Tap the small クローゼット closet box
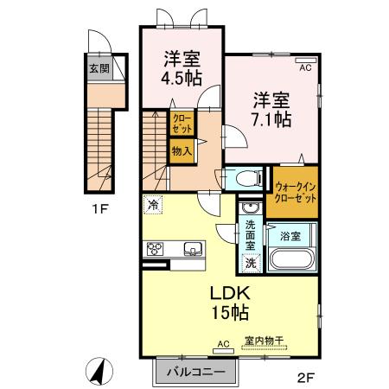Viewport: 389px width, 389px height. (x=182, y=123)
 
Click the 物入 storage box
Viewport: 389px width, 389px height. (x=182, y=151)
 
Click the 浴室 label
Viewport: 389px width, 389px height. (x=290, y=234)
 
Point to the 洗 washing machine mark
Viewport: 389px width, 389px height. (x=250, y=262)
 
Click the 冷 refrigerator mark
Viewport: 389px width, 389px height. (x=153, y=206)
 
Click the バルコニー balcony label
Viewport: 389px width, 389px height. (x=195, y=373)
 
